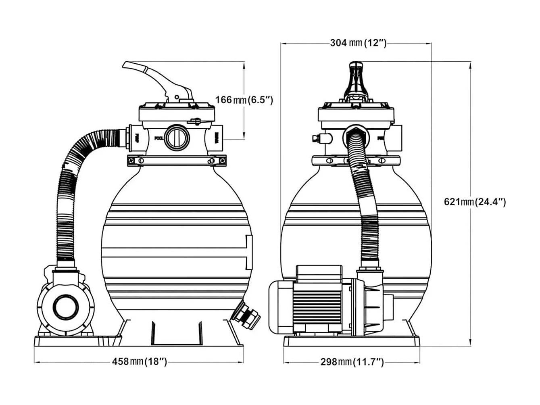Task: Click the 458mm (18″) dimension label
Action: coord(139,362)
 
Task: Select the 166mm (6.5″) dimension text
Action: coord(244,99)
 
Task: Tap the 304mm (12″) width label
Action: coord(358,43)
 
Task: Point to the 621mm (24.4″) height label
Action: coord(475,202)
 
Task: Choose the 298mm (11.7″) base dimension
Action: coord(352,362)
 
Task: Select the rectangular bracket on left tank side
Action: coord(249,252)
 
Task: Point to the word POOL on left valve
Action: coord(158,138)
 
